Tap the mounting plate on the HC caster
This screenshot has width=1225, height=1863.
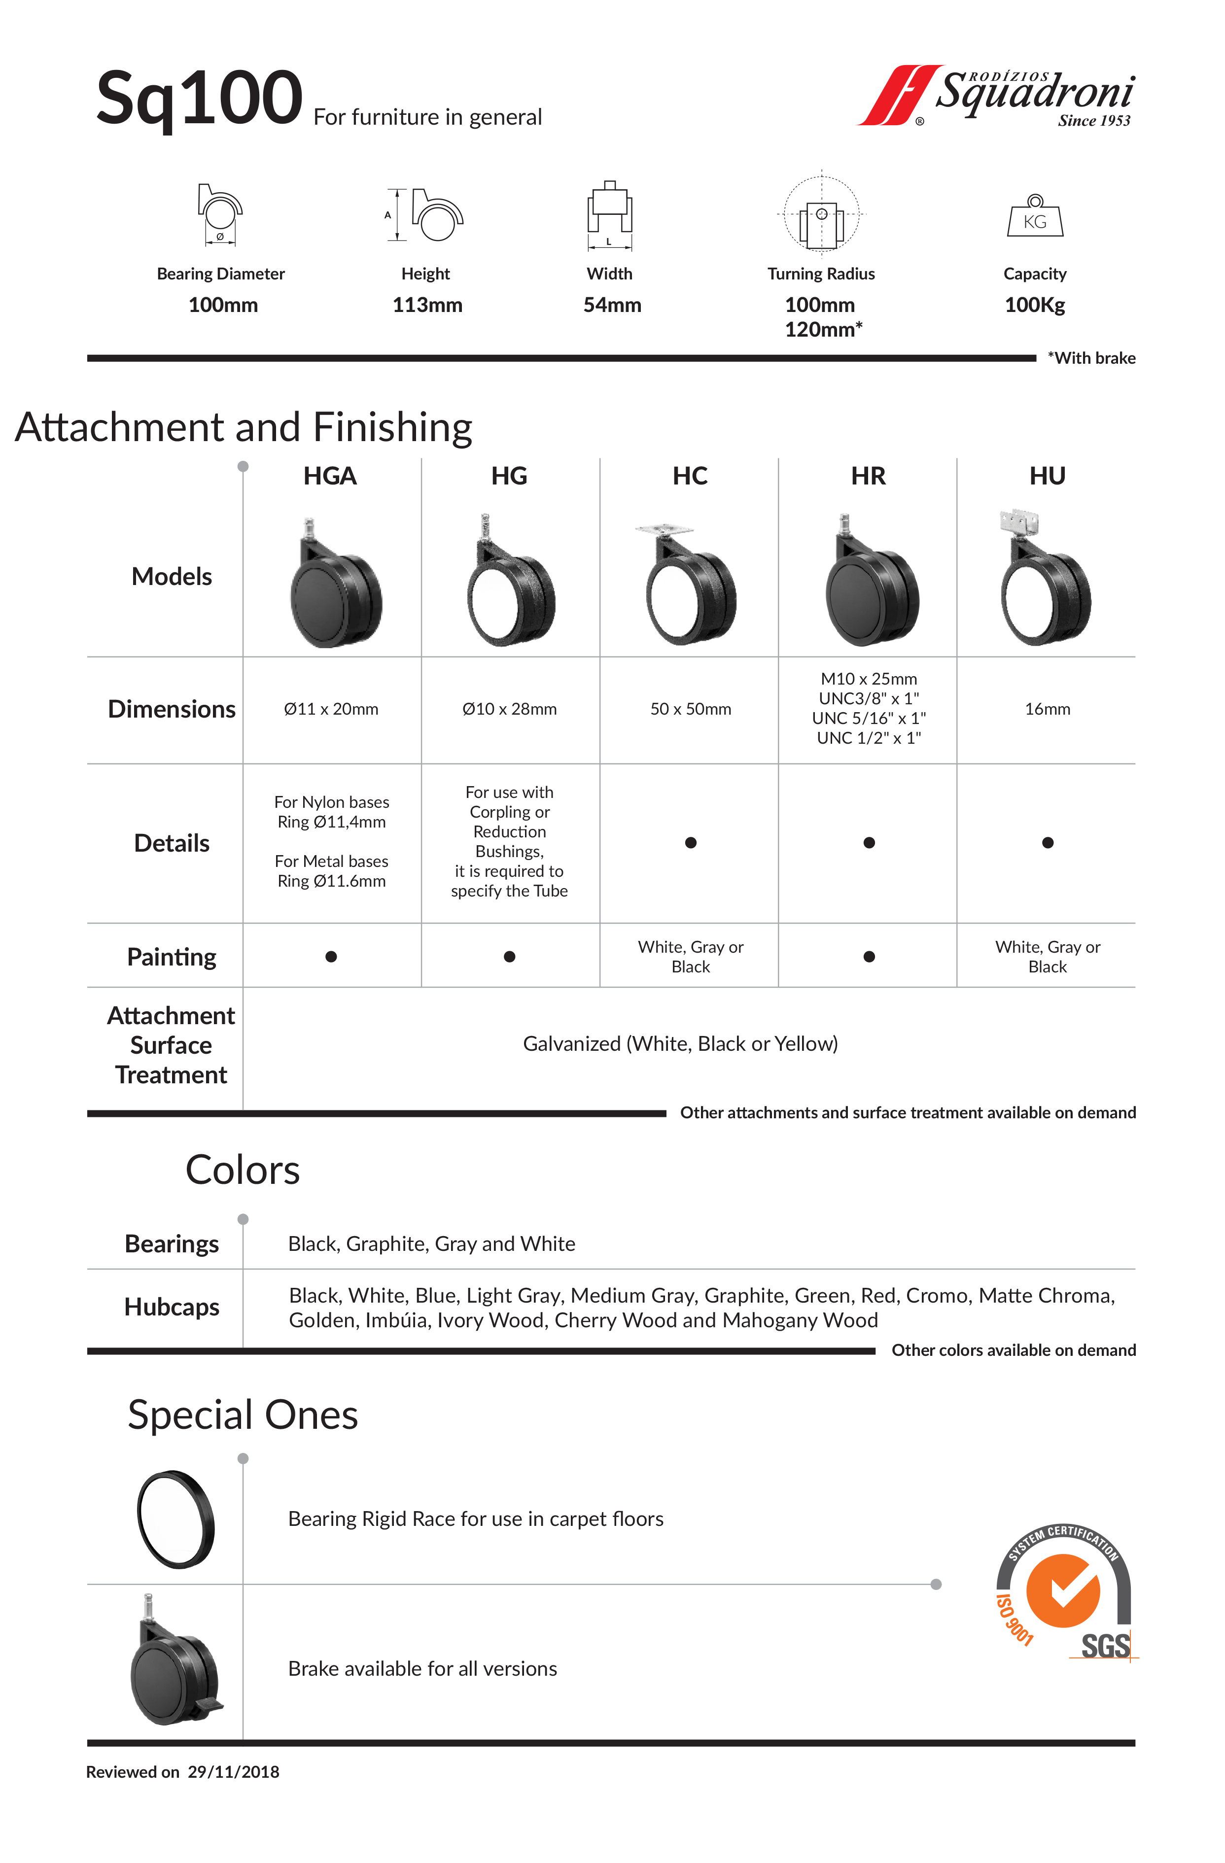coord(664,529)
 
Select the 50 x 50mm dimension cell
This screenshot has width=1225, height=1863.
coord(690,709)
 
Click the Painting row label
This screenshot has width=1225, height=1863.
coord(172,957)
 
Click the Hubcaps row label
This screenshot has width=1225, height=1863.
coord(172,1307)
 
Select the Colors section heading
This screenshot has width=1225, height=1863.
coord(242,1170)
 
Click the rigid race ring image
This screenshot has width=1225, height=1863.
coord(175,1519)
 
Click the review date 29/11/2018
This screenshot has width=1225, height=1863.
coord(233,1772)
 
